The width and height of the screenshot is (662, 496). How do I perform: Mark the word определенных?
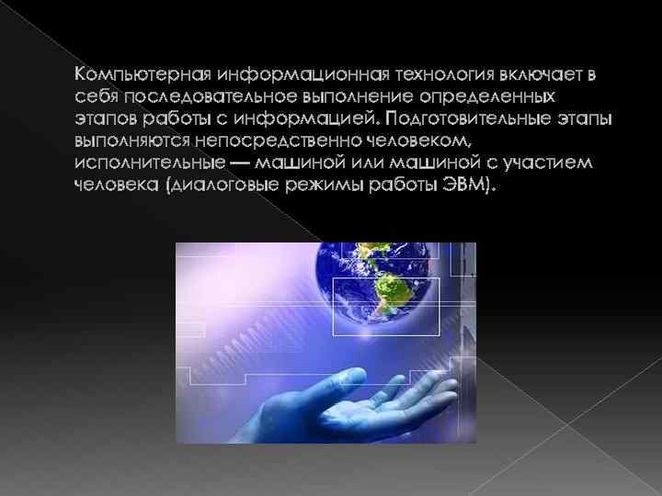(487, 96)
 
